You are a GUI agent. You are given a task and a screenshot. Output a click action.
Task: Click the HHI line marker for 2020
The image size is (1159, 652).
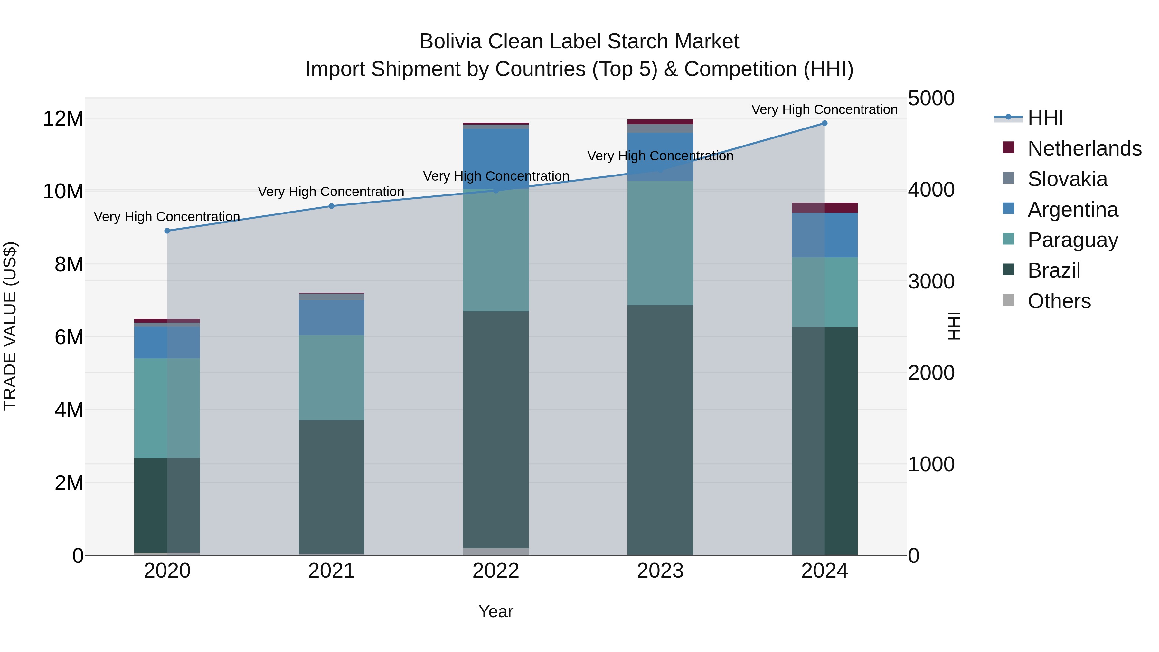pyautogui.click(x=167, y=231)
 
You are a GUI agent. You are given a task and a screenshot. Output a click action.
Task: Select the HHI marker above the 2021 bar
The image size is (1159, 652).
pyautogui.click(x=332, y=206)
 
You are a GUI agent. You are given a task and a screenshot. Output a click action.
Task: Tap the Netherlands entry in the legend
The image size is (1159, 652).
pyautogui.click(x=1084, y=148)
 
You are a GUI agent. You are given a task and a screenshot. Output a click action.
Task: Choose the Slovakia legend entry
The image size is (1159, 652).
pyautogui.click(x=1067, y=179)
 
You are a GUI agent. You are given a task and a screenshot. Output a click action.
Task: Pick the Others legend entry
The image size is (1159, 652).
pyautogui.click(x=1059, y=301)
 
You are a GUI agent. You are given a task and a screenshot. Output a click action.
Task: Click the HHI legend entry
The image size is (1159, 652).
pyautogui.click(x=1045, y=118)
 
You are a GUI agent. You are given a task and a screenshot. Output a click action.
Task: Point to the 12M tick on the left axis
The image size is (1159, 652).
pyautogui.click(x=63, y=119)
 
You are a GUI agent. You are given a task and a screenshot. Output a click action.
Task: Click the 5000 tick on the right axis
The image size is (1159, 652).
pyautogui.click(x=931, y=99)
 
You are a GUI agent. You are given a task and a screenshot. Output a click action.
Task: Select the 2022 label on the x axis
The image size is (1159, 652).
pyautogui.click(x=496, y=571)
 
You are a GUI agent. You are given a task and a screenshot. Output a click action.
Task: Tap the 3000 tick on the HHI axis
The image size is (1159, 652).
pyautogui.click(x=931, y=282)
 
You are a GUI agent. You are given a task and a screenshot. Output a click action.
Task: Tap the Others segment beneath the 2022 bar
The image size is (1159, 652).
pyautogui.click(x=496, y=551)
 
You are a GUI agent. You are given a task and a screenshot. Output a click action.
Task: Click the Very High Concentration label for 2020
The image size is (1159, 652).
pyautogui.click(x=167, y=217)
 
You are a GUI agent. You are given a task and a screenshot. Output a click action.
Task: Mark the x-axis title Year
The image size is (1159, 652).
pyautogui.click(x=496, y=611)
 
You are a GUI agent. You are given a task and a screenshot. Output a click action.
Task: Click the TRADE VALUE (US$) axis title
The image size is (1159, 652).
pyautogui.click(x=10, y=326)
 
